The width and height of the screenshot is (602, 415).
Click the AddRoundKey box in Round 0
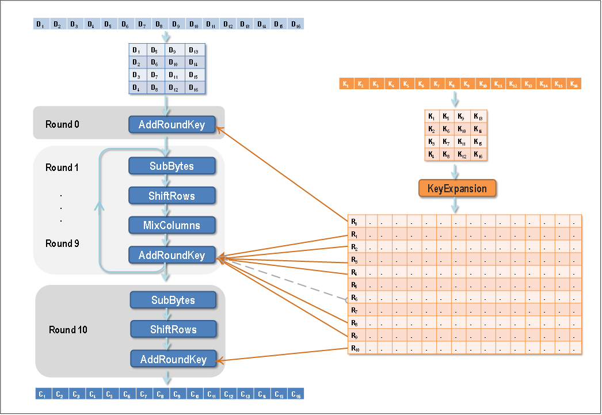tap(172, 125)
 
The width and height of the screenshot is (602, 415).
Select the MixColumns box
tap(172, 225)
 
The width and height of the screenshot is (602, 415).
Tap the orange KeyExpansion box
tap(457, 189)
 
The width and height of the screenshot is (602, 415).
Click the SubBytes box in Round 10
tap(173, 300)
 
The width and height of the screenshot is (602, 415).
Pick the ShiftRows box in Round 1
tap(172, 196)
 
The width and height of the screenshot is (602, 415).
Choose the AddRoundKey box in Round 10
tap(173, 360)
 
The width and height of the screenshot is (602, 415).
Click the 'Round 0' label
tap(59, 125)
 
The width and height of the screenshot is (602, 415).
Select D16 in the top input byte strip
tap(295, 24)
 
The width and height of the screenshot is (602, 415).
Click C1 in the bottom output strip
tap(41, 394)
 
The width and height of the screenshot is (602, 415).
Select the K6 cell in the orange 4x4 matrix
tap(445, 130)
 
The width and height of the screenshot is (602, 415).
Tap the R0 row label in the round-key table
tap(355, 221)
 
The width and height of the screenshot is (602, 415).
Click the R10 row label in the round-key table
tap(355, 348)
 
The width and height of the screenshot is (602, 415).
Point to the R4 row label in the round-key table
tap(355, 272)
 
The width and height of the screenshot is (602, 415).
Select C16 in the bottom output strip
tap(295, 394)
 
